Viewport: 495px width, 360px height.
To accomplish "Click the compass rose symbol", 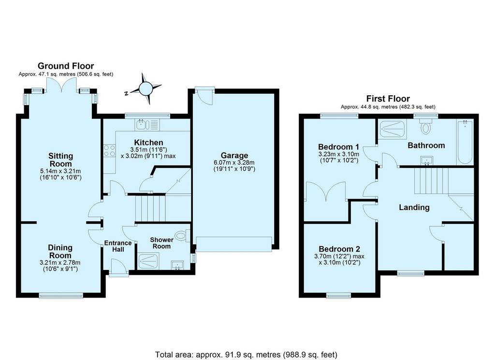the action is [146, 89].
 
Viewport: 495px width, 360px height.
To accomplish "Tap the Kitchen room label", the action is [149, 143].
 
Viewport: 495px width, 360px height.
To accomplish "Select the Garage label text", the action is [234, 155].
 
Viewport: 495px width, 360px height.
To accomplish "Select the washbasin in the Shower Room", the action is [177, 265].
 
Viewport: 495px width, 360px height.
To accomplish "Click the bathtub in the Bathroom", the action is [465, 141].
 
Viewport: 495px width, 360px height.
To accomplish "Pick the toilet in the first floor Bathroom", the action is [426, 126].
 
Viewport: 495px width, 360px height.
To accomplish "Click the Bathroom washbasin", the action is [427, 161].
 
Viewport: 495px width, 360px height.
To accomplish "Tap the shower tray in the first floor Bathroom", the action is [393, 129].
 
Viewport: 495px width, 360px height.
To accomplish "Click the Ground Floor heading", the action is [66, 66].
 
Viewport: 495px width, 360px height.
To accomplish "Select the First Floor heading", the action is [388, 99].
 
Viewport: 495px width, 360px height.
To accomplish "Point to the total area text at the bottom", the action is [246, 354].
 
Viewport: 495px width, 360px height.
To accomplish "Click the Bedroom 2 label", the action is [339, 249].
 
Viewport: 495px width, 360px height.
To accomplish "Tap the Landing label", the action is [414, 208].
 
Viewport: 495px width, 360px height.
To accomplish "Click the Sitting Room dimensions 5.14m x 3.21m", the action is [60, 171].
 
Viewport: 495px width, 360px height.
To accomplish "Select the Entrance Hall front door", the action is [119, 268].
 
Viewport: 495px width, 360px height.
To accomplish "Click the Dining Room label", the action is [60, 252].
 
